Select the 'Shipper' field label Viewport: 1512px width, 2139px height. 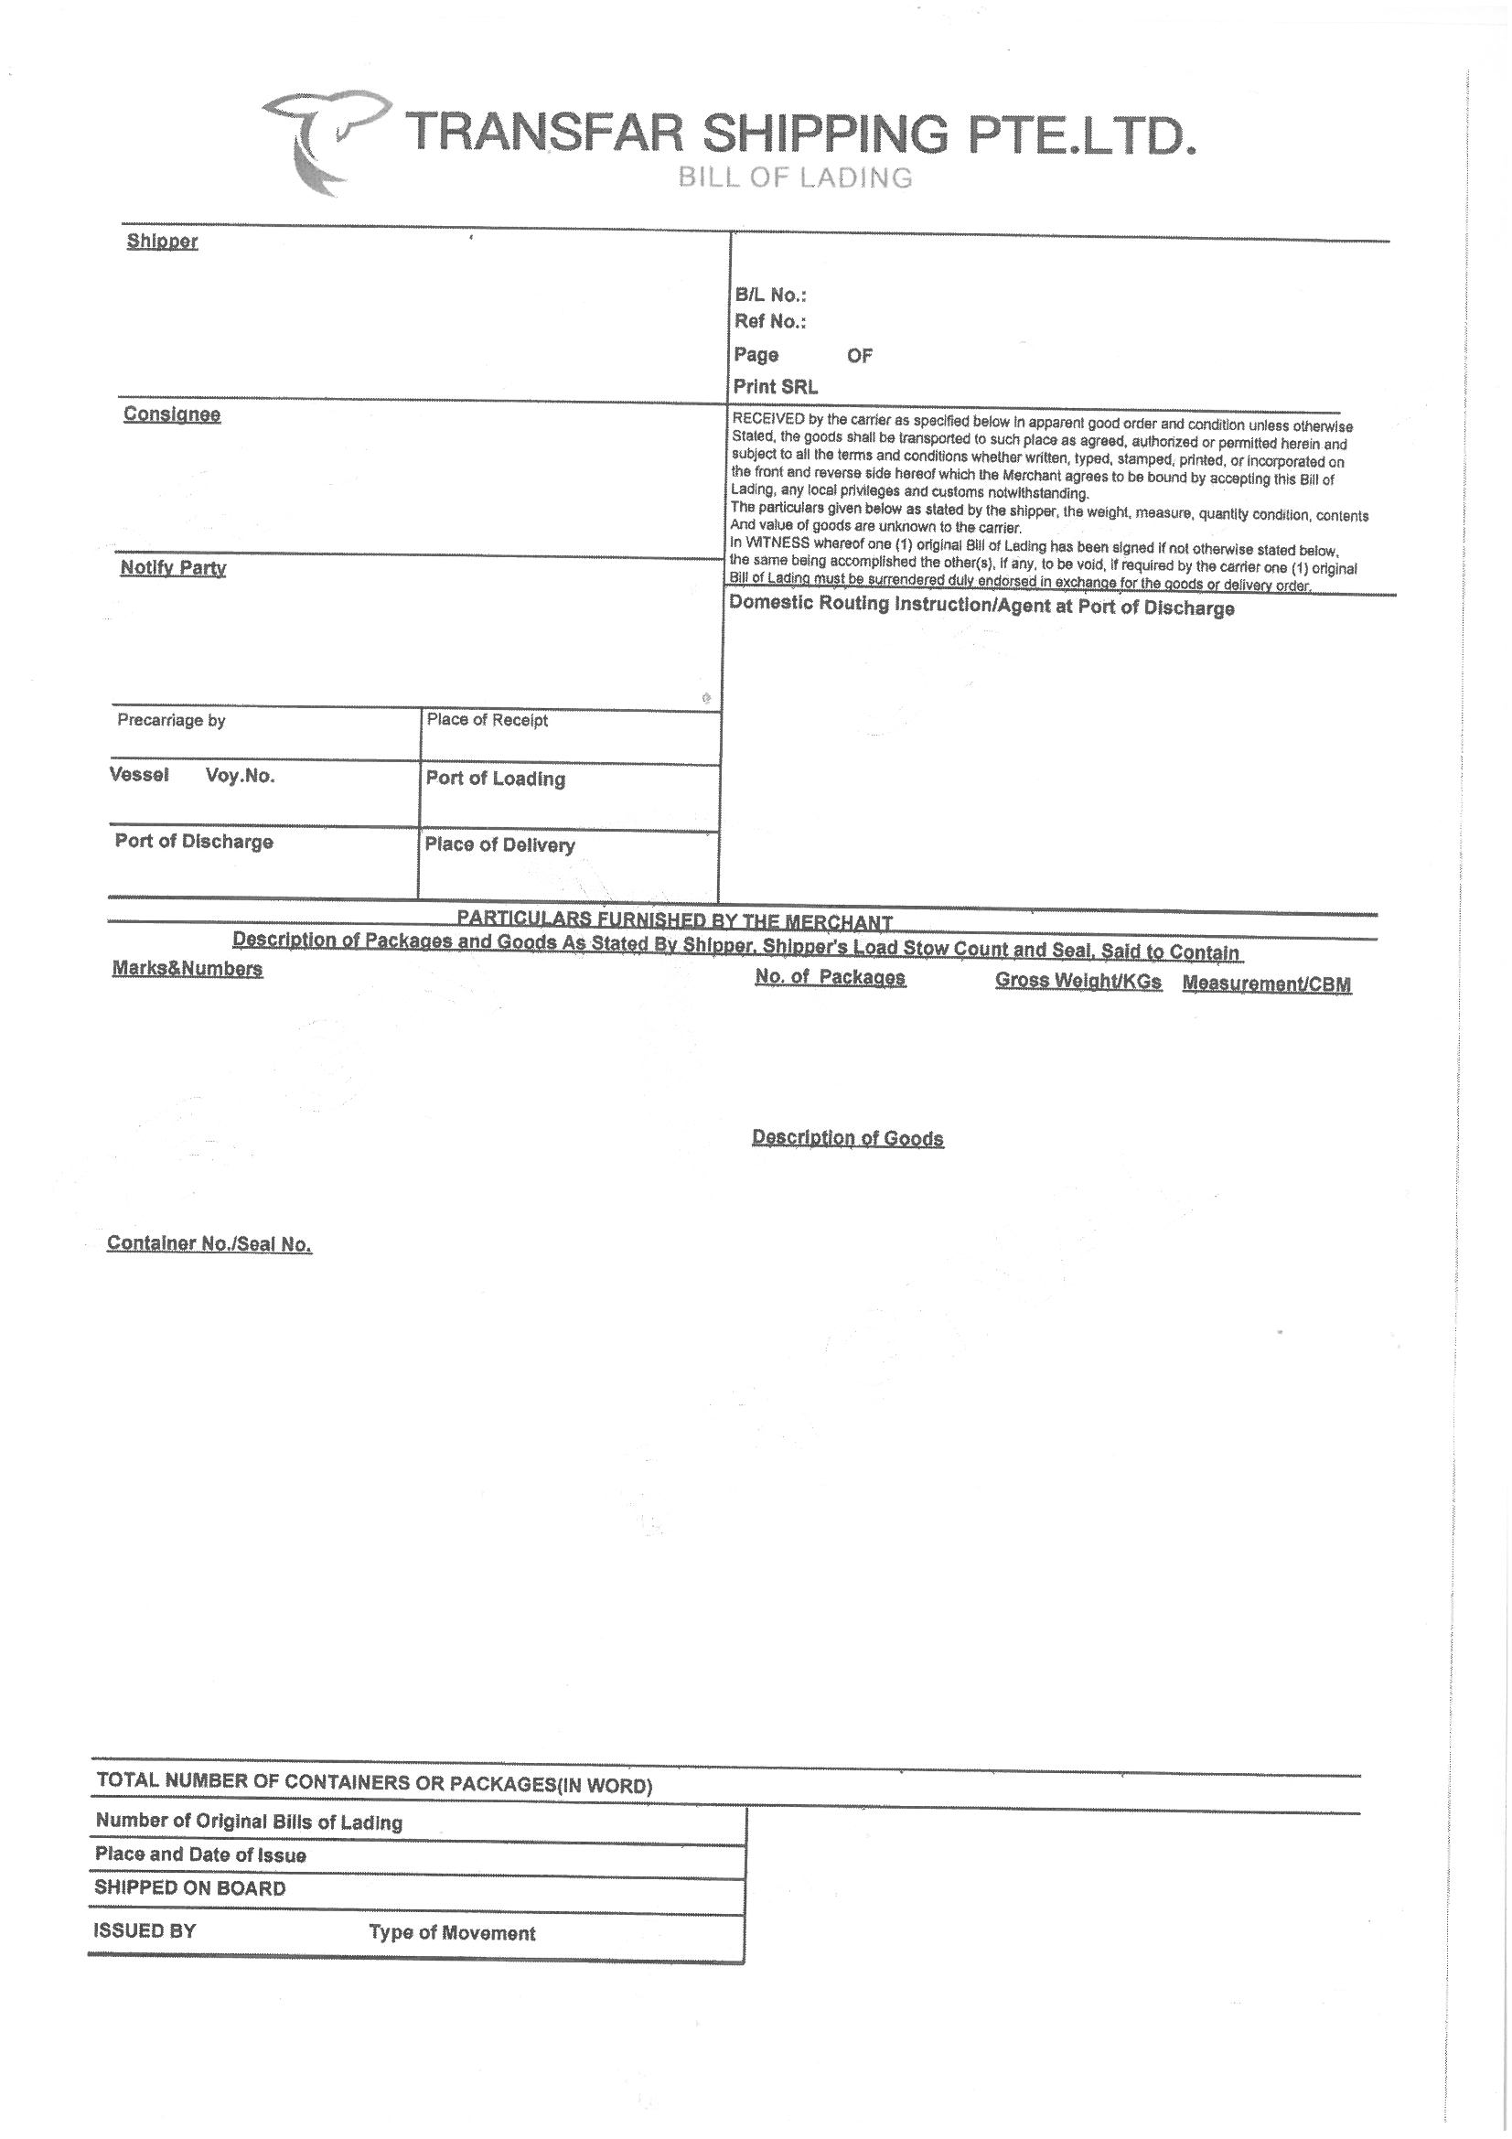click(x=162, y=242)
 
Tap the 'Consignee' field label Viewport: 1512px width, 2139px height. click(x=171, y=414)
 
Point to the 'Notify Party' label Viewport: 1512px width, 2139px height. click(x=173, y=568)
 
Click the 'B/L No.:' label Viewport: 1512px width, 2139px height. click(x=770, y=296)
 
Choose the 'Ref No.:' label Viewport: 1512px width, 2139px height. click(x=770, y=322)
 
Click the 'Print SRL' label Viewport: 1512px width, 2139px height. click(x=775, y=387)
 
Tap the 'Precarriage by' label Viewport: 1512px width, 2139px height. click(x=171, y=720)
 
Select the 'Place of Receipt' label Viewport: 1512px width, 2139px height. click(x=488, y=720)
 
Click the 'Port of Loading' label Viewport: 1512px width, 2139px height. click(x=496, y=779)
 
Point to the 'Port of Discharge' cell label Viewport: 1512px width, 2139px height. click(x=194, y=843)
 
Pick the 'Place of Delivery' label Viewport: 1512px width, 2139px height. click(x=499, y=845)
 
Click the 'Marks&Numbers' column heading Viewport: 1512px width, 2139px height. click(x=188, y=969)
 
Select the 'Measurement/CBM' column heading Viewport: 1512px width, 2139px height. click(x=1266, y=984)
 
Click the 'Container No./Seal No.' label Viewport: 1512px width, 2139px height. click(x=209, y=1243)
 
